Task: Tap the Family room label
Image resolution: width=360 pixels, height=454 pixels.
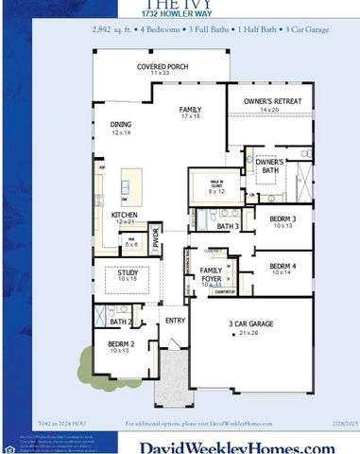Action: tap(191, 111)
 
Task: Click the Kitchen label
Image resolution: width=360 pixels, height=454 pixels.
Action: tap(125, 215)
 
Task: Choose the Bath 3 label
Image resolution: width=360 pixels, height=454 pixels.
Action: tap(228, 227)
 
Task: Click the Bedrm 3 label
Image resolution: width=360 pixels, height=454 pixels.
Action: tap(283, 220)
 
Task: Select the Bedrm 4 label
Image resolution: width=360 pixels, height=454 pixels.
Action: tap(283, 267)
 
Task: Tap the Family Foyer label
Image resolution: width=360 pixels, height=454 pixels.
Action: tap(212, 275)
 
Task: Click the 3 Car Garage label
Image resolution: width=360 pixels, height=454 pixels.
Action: tap(251, 324)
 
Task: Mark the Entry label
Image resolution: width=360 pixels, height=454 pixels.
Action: tap(176, 321)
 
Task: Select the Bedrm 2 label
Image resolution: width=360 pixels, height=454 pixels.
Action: tap(121, 344)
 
